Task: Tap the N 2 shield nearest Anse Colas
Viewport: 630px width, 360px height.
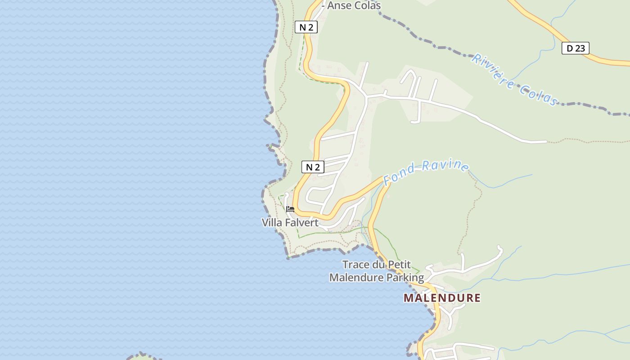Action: [306, 27]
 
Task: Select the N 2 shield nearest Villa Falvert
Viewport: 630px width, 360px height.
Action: [313, 167]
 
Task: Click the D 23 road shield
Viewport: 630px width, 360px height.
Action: [575, 48]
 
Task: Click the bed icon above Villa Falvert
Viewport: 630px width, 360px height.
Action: [290, 209]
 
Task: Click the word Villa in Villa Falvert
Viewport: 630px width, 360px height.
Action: [272, 222]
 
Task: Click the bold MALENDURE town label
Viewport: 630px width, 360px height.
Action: [442, 298]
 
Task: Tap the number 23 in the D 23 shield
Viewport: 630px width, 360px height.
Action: [580, 48]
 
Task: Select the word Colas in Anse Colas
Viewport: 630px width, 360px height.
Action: [367, 5]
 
